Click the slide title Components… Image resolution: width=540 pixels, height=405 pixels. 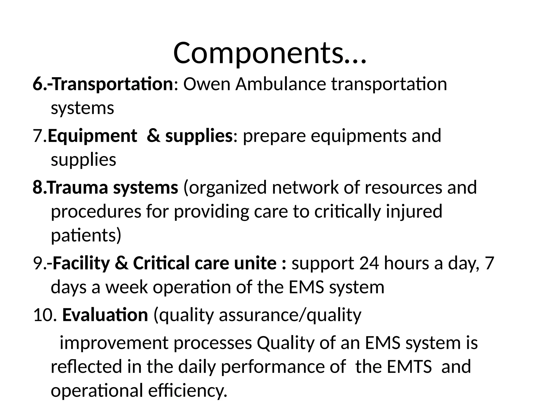pyautogui.click(x=270, y=54)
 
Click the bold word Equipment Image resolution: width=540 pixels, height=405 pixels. pyautogui.click(x=92, y=136)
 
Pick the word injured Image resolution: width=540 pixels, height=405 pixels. pyautogui.click(x=414, y=212)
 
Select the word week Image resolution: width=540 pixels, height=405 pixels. pyautogui.click(x=127, y=287)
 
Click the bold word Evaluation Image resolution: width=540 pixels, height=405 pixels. pyautogui.click(x=105, y=315)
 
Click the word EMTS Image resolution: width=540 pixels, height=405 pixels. pyautogui.click(x=409, y=367)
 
